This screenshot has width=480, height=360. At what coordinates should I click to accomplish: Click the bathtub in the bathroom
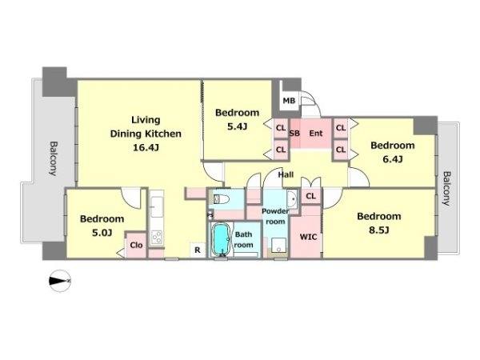221,240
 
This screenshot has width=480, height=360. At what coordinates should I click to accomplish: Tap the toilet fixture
222,199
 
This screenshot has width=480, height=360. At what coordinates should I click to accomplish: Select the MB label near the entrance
289,101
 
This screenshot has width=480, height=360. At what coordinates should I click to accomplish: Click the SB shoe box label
294,134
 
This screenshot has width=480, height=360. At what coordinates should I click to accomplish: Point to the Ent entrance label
316,134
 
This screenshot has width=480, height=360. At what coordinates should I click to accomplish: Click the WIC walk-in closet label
308,237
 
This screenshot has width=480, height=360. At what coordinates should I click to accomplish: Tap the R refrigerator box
198,250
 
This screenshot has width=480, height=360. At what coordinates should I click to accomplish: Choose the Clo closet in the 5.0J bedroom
136,245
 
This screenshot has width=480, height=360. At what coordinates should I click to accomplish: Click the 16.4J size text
146,148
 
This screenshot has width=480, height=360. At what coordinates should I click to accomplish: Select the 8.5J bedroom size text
379,230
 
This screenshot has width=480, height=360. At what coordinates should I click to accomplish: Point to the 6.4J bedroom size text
393,159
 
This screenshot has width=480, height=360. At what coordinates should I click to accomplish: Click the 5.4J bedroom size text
238,126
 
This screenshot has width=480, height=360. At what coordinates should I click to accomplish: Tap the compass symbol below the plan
60,281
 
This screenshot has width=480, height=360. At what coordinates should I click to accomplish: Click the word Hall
286,174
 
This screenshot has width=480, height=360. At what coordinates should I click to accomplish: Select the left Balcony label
54,158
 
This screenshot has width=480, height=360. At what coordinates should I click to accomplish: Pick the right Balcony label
447,188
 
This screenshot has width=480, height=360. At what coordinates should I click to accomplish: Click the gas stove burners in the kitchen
157,237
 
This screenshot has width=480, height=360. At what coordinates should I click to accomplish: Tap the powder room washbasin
292,199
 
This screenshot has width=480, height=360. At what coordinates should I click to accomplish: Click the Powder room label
275,216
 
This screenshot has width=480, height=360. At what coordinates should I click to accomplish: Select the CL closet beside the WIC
310,196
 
